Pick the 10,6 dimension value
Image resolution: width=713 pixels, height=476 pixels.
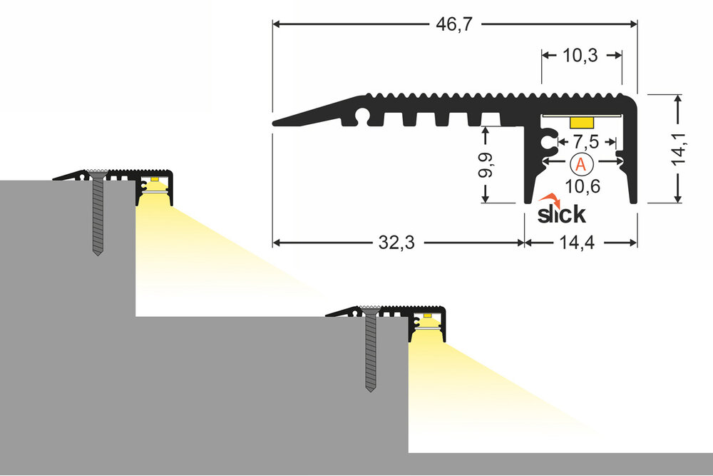tap(581, 187)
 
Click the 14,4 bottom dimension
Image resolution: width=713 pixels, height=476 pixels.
tap(577, 243)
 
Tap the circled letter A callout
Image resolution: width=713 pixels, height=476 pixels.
tap(581, 163)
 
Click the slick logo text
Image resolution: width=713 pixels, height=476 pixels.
tap(562, 213)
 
